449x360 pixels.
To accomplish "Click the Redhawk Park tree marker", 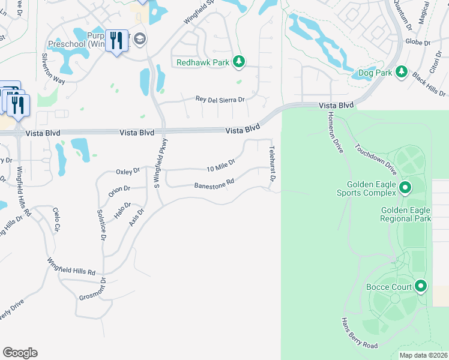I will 239,61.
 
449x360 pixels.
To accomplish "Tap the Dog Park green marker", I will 402,73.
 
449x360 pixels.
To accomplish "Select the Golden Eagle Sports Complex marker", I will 405,188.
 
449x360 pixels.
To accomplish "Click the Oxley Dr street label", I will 127,172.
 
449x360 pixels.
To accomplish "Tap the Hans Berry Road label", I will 359,333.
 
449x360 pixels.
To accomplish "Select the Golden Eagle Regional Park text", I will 406,214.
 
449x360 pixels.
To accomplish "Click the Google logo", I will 20,353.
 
